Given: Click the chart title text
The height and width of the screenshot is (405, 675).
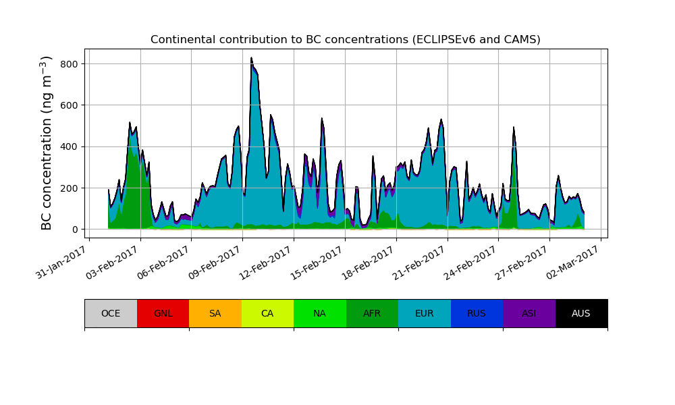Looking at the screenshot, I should click(x=345, y=40).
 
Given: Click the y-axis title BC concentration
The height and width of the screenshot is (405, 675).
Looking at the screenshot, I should click(x=47, y=143).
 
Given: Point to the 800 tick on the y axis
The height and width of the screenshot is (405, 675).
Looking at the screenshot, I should click(x=68, y=64).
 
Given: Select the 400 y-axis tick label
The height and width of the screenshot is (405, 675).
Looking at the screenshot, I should click(x=68, y=146).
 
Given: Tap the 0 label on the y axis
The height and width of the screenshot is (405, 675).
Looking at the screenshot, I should click(x=75, y=230).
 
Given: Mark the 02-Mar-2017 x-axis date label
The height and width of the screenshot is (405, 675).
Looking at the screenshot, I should click(x=575, y=261).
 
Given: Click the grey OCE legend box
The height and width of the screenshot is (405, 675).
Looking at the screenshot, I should click(x=111, y=313).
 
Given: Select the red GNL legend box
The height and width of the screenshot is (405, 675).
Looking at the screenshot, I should click(x=163, y=313).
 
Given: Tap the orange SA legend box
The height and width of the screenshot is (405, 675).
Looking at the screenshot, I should click(x=215, y=313).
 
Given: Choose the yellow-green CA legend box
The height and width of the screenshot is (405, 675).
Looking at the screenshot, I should click(x=267, y=313).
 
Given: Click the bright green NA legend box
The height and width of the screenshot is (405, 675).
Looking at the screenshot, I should click(x=319, y=313).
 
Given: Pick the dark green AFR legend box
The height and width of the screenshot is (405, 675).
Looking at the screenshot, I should click(x=372, y=313).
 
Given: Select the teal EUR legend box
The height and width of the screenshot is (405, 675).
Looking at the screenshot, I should click(x=424, y=313).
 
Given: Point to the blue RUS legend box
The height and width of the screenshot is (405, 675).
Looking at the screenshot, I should click(x=477, y=313).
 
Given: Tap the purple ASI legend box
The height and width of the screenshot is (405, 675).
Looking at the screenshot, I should click(x=529, y=313).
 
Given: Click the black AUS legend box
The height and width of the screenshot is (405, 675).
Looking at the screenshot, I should click(x=581, y=313).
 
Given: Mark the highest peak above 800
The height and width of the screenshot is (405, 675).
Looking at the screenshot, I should click(x=251, y=59).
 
